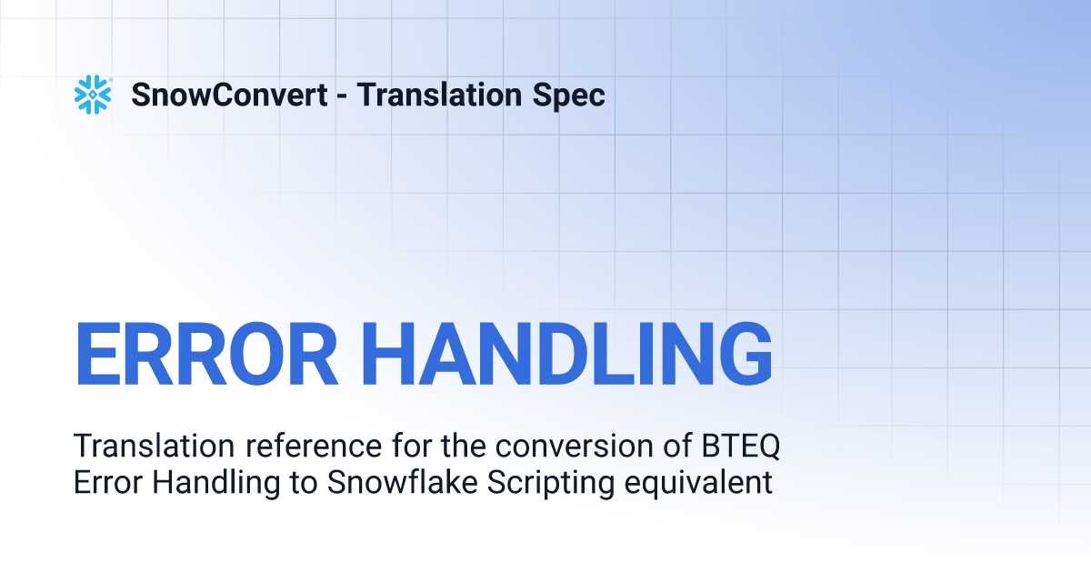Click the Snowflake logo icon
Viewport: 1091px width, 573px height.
pyautogui.click(x=93, y=95)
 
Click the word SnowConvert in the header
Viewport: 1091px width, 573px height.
pyautogui.click(x=229, y=95)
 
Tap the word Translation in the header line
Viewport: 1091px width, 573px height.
pyautogui.click(x=439, y=95)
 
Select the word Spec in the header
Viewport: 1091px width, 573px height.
pyautogui.click(x=569, y=95)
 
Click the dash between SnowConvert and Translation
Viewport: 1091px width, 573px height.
pyautogui.click(x=342, y=96)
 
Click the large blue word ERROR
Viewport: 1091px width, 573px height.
pyautogui.click(x=206, y=354)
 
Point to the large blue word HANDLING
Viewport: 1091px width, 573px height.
pyautogui.click(x=566, y=354)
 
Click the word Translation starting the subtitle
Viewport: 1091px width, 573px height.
pyautogui.click(x=155, y=446)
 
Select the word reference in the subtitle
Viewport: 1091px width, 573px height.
pyautogui.click(x=314, y=446)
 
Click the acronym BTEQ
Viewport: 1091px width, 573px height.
pyautogui.click(x=740, y=447)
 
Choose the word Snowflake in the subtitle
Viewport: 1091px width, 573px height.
pyautogui.click(x=402, y=482)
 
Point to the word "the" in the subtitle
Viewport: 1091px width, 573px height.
pyautogui.click(x=464, y=446)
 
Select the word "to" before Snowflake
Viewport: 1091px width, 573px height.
pyautogui.click(x=304, y=483)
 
